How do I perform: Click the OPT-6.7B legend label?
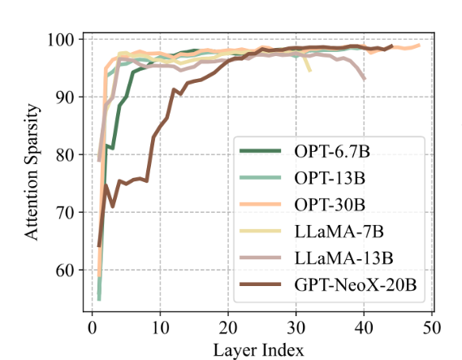tap(332, 151)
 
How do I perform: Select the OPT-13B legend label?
tap(330, 179)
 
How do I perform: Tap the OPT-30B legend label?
tap(330, 205)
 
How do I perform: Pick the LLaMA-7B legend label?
tap(339, 232)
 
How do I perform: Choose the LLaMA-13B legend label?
tap(343, 258)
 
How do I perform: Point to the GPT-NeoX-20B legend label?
tap(356, 284)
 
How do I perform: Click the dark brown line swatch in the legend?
tap(260, 284)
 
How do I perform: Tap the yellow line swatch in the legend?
tap(260, 231)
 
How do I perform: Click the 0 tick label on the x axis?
tap(93, 327)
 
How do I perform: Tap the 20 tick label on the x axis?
tap(228, 327)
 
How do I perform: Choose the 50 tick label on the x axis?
tap(432, 327)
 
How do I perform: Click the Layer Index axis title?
tap(258, 350)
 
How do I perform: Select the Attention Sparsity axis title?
tap(31, 172)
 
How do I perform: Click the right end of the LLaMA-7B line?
tap(310, 72)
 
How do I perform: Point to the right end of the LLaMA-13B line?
tap(365, 79)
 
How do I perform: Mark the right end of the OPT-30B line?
tap(419, 46)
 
